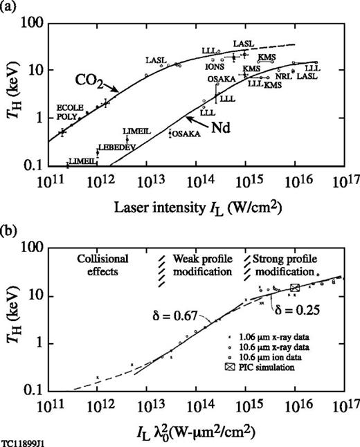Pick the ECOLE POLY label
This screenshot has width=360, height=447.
click(69, 112)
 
